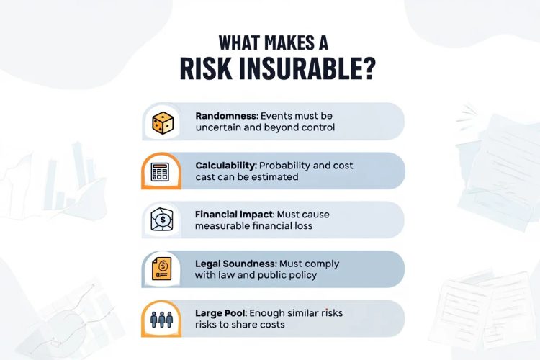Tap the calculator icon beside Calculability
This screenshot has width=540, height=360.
pyautogui.click(x=159, y=171)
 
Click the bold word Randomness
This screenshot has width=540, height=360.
pyautogui.click(x=222, y=115)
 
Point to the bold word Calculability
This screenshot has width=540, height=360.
pyautogui.click(x=223, y=165)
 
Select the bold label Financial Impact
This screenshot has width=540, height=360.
pyautogui.click(x=235, y=214)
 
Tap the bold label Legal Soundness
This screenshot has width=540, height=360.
pyautogui.click(x=235, y=263)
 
